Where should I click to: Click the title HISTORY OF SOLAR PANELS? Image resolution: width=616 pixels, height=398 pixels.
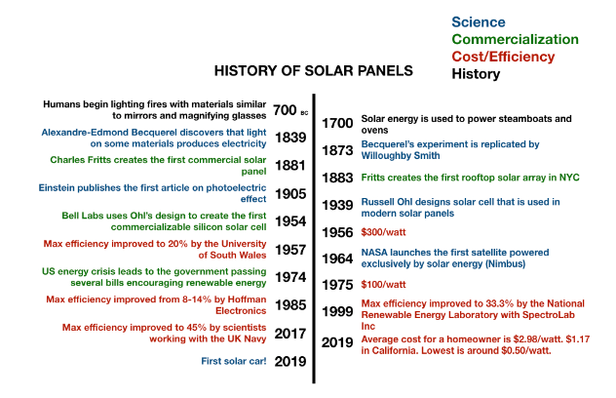click(x=314, y=71)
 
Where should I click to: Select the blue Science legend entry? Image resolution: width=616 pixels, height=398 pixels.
click(x=479, y=22)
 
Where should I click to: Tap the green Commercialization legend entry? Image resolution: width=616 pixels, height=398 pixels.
click(x=515, y=39)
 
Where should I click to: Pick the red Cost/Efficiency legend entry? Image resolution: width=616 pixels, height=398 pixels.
click(x=503, y=57)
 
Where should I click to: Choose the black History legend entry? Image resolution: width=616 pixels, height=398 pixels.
click(x=476, y=74)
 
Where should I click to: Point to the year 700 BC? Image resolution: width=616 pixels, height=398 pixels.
click(x=290, y=110)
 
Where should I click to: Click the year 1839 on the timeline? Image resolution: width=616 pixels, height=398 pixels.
click(x=290, y=138)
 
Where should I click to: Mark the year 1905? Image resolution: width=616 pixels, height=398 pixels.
click(x=290, y=194)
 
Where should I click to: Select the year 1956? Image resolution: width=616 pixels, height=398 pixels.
click(x=337, y=232)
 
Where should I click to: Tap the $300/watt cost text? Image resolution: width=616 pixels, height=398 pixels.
click(x=383, y=232)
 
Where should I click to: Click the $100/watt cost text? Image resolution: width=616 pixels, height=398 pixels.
click(x=383, y=284)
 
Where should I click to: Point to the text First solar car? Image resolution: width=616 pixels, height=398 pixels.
click(x=233, y=361)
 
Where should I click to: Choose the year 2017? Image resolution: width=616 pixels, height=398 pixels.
click(x=290, y=334)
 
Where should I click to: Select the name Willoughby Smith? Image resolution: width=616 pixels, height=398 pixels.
click(x=401, y=156)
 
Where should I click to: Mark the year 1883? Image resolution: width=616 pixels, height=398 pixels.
click(x=337, y=179)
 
